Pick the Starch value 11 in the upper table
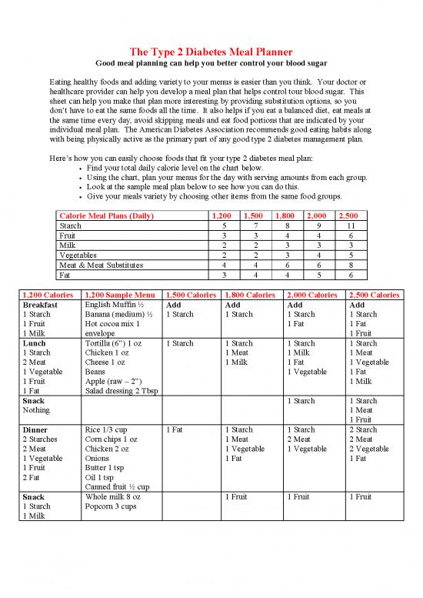(350, 226)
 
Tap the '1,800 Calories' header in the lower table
(250, 295)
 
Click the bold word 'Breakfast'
(43, 305)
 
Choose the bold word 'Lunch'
(36, 343)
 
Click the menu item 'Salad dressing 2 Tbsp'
(122, 391)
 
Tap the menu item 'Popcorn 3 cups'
(112, 506)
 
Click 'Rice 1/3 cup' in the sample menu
(107, 429)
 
